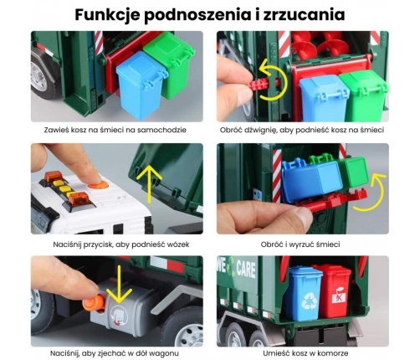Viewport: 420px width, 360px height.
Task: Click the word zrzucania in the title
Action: [302, 15]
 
